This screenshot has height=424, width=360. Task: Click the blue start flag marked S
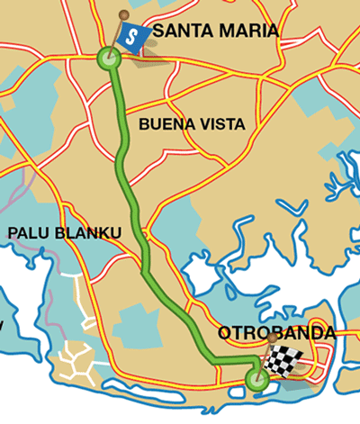point(133,38)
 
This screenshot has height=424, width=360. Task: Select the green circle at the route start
point(108,60)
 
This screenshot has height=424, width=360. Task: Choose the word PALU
point(27,233)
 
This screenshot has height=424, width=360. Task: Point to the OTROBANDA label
point(276,333)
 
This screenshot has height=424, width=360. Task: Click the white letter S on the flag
point(133,37)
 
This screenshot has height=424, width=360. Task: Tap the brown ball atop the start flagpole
point(123,14)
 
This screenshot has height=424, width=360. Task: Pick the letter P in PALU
point(13,233)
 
